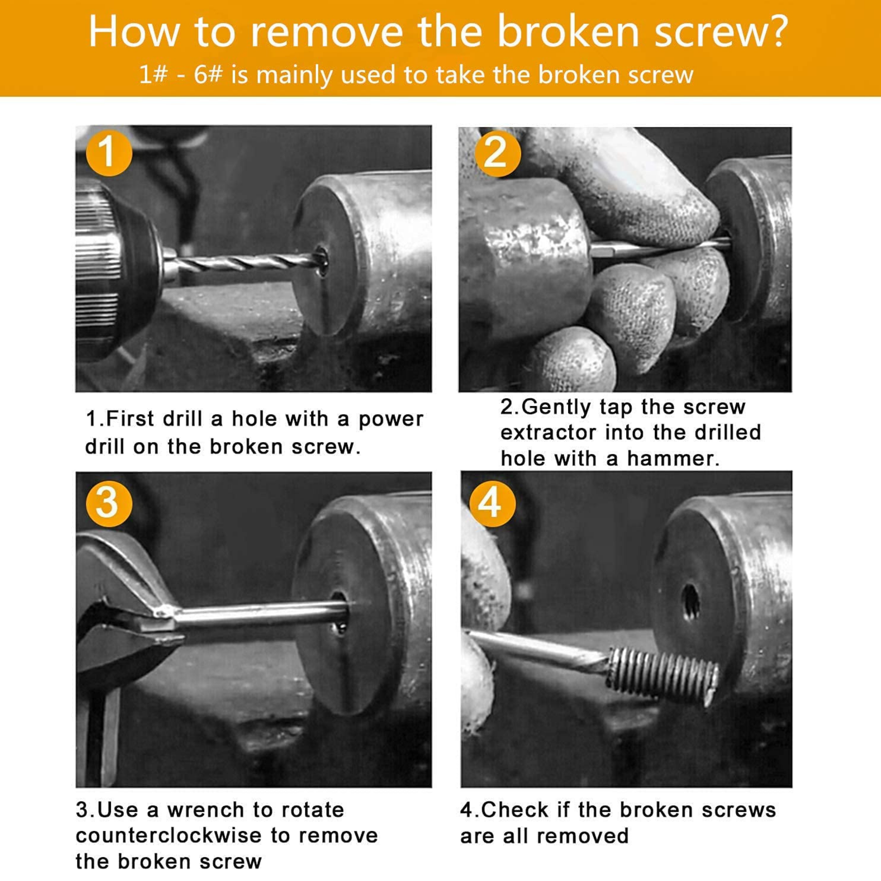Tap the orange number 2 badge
pyautogui.click(x=497, y=154)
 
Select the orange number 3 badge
pyautogui.click(x=109, y=504)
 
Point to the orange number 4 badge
pyautogui.click(x=493, y=504)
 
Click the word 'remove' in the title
pyautogui.click(x=327, y=32)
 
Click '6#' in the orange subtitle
pyautogui.click(x=208, y=74)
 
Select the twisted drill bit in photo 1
pyautogui.click(x=246, y=263)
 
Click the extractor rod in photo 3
pyautogui.click(x=260, y=612)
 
